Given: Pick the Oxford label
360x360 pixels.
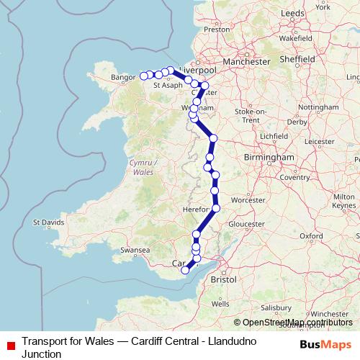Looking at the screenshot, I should point(312,235).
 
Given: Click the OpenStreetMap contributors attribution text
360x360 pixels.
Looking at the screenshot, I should point(297,323).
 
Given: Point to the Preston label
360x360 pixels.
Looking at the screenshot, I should point(217,30).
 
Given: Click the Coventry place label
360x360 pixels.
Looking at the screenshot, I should point(294,177).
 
